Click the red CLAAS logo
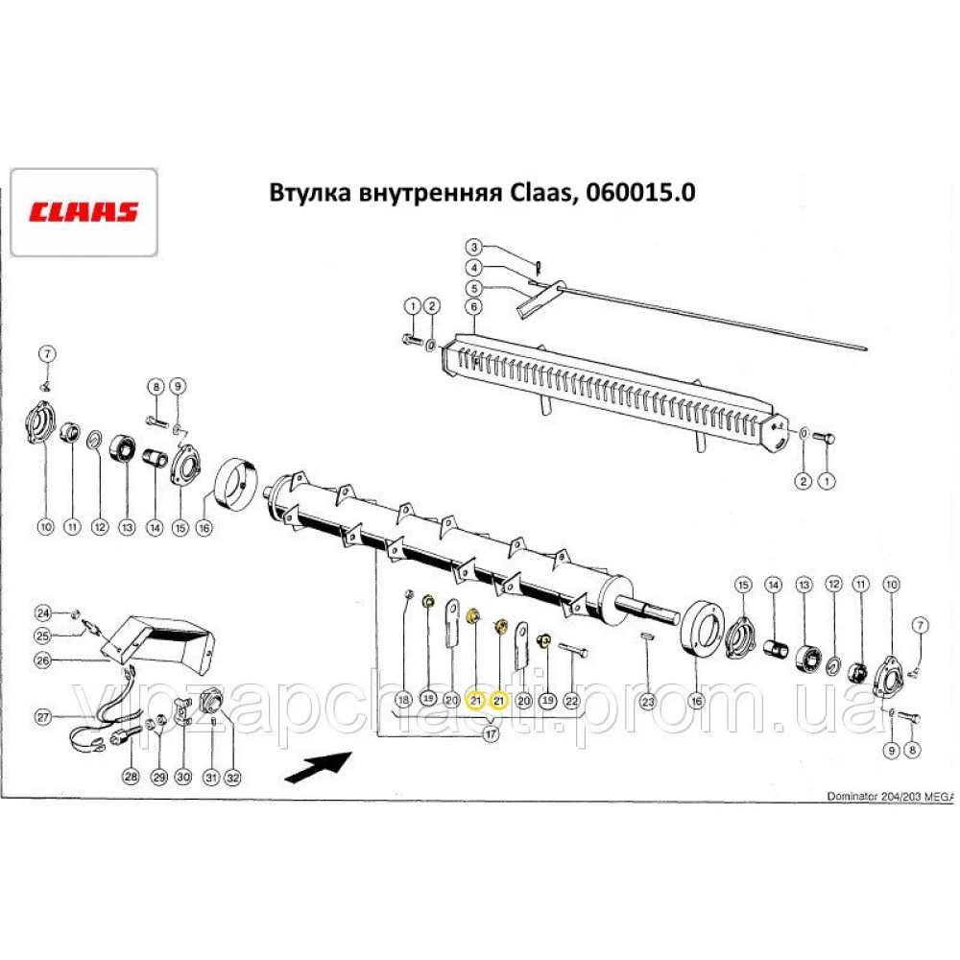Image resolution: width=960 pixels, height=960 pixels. tap(83, 212)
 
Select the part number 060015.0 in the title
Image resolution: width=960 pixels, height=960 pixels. tap(635, 193)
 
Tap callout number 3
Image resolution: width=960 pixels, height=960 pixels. tap(474, 248)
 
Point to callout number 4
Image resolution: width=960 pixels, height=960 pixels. tap(474, 268)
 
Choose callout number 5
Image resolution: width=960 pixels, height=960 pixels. tap(474, 288)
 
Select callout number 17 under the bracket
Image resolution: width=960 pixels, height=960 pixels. tap(491, 734)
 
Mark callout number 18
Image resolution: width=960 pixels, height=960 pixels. tap(404, 700)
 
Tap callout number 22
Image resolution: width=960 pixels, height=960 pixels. tap(571, 700)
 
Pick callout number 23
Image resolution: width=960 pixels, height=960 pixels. tap(649, 700)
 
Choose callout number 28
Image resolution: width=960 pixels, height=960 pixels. tap(132, 777)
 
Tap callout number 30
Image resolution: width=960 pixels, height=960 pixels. tap(182, 777)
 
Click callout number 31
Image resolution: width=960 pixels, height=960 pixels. tap(208, 777)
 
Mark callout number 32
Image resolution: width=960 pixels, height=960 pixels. tap(231, 777)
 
